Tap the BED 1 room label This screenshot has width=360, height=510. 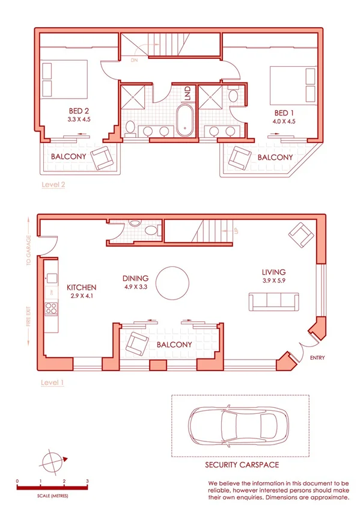point(284,112)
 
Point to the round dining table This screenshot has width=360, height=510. point(173,283)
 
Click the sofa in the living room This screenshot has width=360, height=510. point(274,301)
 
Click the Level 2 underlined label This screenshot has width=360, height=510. point(53,185)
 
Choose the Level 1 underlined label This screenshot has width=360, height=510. point(52,382)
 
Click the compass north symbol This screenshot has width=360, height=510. point(53,461)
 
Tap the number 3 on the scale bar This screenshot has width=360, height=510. point(88,481)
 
